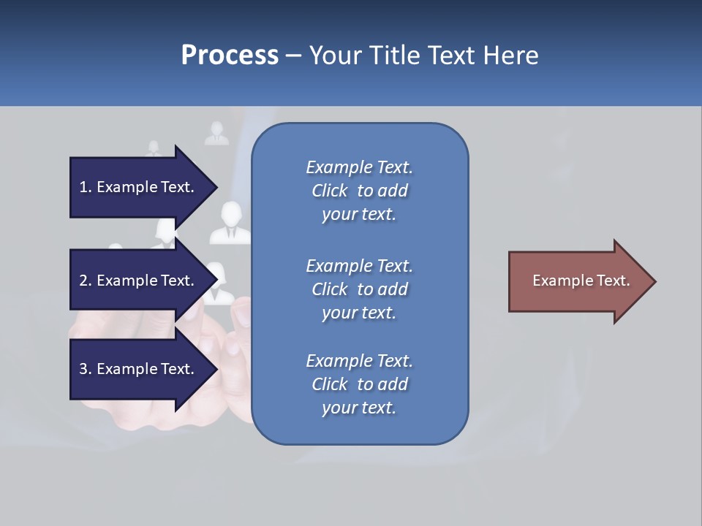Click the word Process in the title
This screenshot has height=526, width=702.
pyautogui.click(x=230, y=56)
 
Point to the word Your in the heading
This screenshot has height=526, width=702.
pyautogui.click(x=336, y=56)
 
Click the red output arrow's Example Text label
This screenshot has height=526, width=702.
pyautogui.click(x=581, y=281)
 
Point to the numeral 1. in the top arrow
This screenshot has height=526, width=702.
pyautogui.click(x=86, y=187)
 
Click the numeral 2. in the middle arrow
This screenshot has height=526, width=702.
pyautogui.click(x=86, y=281)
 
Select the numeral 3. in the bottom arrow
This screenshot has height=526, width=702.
pyautogui.click(x=86, y=369)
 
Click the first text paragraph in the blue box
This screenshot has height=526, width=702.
pyautogui.click(x=359, y=191)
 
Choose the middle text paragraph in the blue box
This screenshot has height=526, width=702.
pyautogui.click(x=359, y=289)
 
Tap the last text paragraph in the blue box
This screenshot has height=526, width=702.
pyautogui.click(x=359, y=384)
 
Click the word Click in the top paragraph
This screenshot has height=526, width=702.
pyautogui.click(x=329, y=191)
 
